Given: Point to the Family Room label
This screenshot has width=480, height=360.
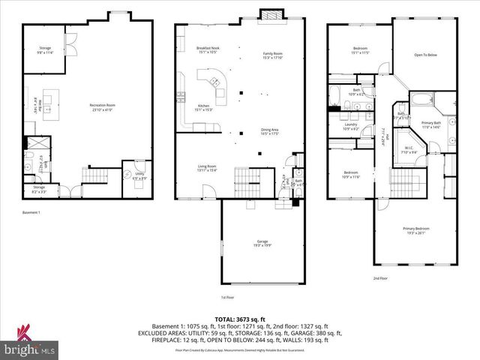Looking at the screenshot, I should coord(272,55).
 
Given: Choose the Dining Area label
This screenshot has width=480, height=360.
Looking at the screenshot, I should coord(271,132).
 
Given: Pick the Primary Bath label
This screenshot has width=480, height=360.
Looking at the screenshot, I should coord(430,124).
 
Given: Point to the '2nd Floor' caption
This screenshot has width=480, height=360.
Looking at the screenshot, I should coord(380,278).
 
